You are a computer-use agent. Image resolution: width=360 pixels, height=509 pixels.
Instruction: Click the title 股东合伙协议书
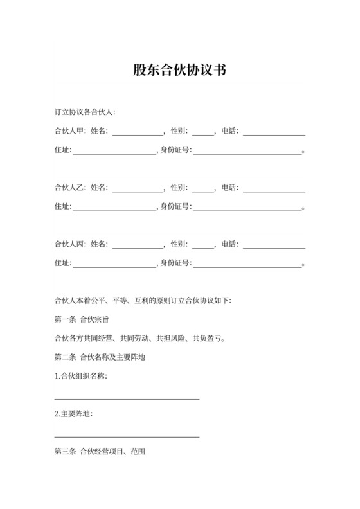coord(179,70)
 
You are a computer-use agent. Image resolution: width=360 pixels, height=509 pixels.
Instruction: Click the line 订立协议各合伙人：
coord(85,112)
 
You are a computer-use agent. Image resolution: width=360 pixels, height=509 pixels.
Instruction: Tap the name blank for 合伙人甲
coord(138,132)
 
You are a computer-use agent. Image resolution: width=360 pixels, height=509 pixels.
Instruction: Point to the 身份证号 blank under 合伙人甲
coord(248,152)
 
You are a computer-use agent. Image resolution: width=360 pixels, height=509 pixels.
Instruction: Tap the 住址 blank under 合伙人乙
coord(114,208)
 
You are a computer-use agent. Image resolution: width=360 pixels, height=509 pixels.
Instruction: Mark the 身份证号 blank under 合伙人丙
coord(248,264)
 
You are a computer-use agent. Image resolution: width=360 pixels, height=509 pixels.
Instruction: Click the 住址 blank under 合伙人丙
coord(114,264)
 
